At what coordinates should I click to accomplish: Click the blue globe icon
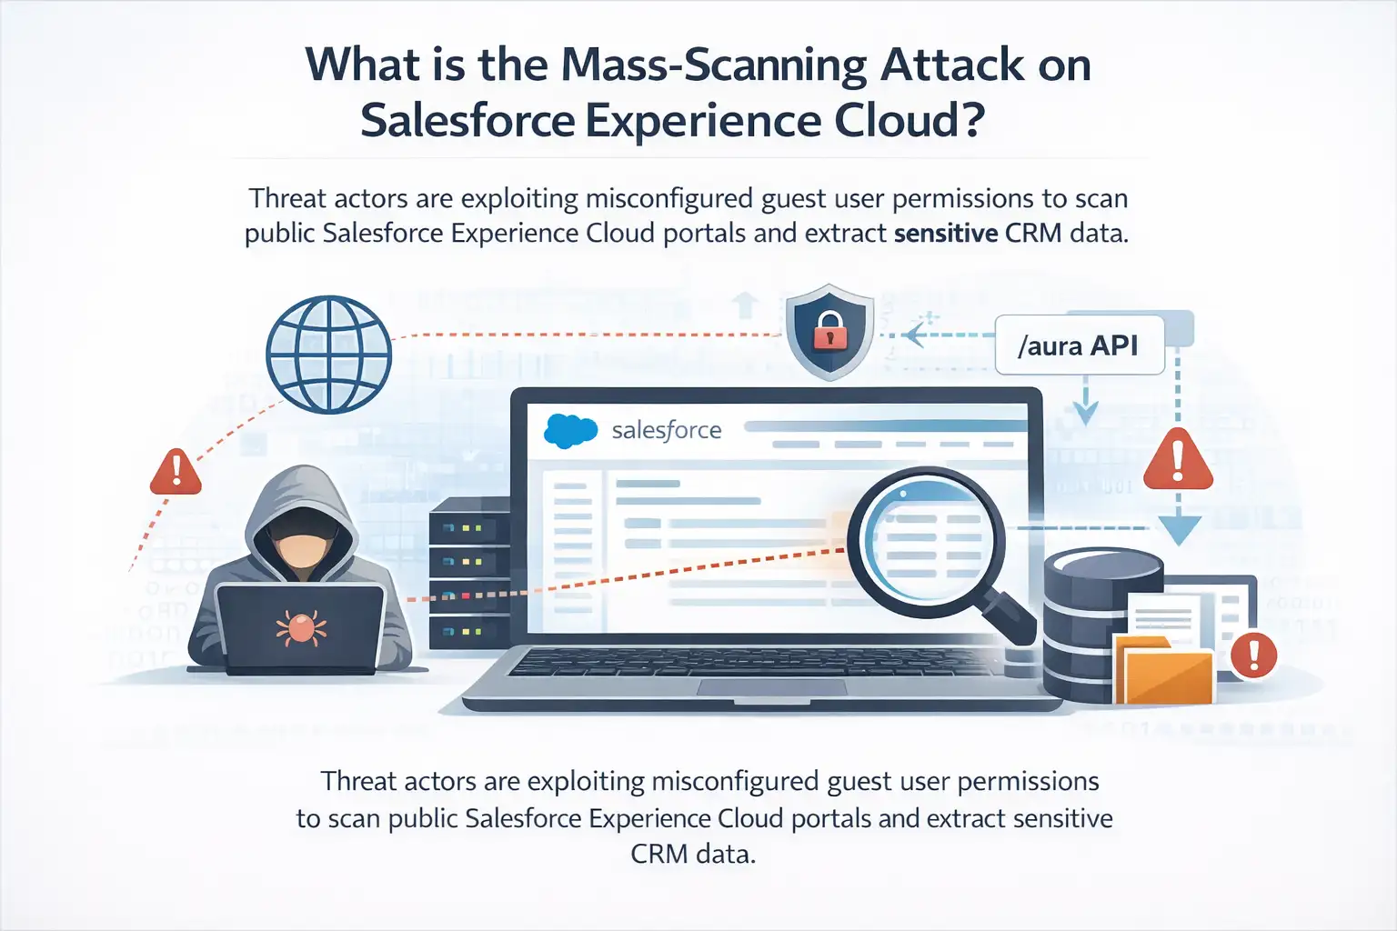328,354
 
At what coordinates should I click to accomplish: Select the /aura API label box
1079,345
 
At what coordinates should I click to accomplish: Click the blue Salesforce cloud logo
570,430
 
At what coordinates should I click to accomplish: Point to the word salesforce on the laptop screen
667,430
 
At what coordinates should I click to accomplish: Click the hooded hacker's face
301,547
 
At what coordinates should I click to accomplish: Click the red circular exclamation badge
1253,654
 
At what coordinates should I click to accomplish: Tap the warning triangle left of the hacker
176,472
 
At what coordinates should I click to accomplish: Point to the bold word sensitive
946,234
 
